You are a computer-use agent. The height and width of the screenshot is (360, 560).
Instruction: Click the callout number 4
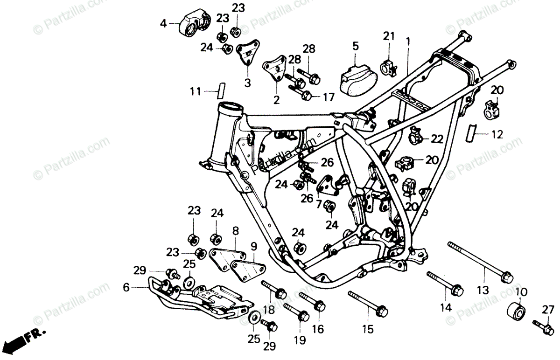pos(163,23)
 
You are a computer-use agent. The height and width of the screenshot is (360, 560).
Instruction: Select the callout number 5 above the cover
pos(356,46)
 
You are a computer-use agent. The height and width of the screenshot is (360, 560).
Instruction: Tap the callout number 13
pos(483,290)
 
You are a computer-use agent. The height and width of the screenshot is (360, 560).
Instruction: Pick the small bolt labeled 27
pos(543,325)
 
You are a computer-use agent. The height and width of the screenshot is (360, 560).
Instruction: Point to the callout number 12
pos(497,135)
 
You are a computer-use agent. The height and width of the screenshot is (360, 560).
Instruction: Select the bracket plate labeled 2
pos(275,70)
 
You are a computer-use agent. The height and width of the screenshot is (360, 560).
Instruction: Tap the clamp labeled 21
pos(389,67)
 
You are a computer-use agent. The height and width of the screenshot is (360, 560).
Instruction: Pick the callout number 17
pos(329,97)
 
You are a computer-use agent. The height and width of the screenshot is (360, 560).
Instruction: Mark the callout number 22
pos(437,138)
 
